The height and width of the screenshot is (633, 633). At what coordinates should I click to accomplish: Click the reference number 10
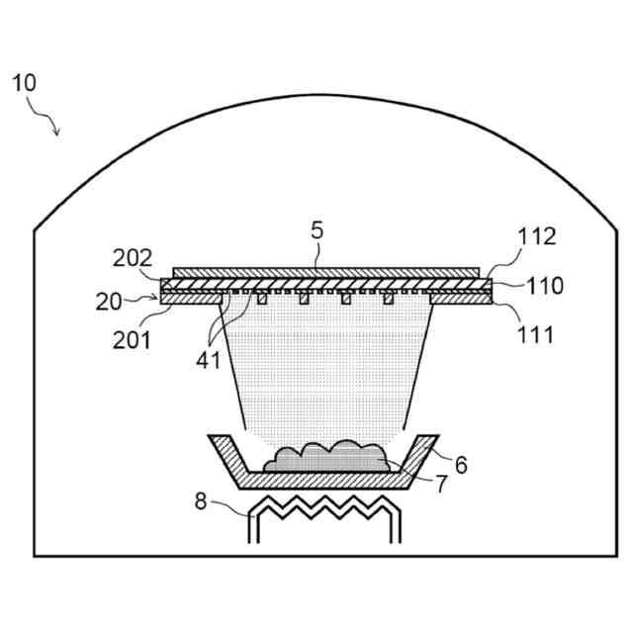tap(24, 82)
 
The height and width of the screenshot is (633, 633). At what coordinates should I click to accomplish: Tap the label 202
tap(133, 260)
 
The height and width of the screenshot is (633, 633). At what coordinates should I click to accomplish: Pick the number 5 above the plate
tap(316, 230)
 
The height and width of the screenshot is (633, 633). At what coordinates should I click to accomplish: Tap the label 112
tap(537, 236)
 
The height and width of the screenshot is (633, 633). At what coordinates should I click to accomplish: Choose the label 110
tap(545, 287)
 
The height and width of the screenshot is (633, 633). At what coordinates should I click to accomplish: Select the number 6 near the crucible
tap(460, 462)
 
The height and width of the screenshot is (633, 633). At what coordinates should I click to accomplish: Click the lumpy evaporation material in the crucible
tap(326, 457)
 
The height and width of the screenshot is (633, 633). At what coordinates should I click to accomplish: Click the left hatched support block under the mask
tap(194, 295)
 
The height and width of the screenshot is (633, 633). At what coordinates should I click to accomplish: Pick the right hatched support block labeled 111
tap(461, 295)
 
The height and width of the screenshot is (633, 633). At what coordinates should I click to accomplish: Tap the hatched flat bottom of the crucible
tap(326, 478)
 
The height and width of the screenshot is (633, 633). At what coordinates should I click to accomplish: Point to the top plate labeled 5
tap(326, 272)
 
